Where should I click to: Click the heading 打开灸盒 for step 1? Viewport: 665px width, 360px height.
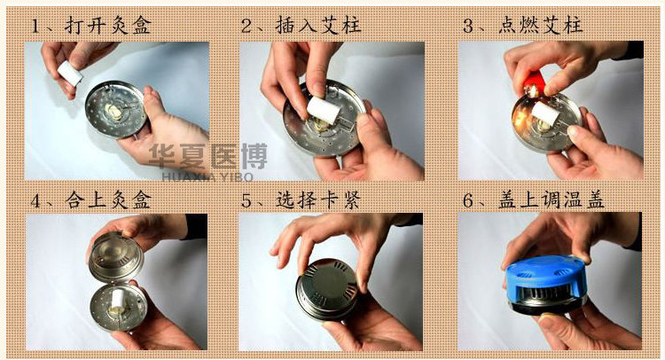click(108, 26)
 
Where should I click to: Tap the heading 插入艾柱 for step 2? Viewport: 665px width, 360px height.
click(318, 25)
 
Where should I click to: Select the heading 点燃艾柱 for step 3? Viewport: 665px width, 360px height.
click(540, 25)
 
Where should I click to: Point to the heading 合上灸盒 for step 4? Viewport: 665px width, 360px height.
click(108, 200)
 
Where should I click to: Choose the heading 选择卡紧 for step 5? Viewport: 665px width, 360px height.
click(318, 200)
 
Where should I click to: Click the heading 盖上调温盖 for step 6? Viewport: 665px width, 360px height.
click(552, 200)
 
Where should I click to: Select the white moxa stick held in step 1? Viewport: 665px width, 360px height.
click(70, 73)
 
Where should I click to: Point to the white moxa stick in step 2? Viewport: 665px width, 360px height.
click(324, 110)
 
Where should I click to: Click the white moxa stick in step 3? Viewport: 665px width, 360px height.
click(545, 113)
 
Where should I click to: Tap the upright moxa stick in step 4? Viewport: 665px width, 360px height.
click(118, 298)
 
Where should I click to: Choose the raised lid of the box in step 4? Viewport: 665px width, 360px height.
click(116, 255)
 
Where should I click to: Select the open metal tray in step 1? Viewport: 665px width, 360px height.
click(116, 109)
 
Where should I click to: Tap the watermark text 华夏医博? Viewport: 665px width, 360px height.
click(207, 156)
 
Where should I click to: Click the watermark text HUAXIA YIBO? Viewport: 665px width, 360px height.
click(207, 176)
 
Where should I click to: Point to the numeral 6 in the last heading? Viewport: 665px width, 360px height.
click(468, 200)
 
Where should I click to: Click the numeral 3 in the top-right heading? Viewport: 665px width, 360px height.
click(468, 26)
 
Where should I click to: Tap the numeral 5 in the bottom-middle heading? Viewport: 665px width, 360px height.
click(246, 200)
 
